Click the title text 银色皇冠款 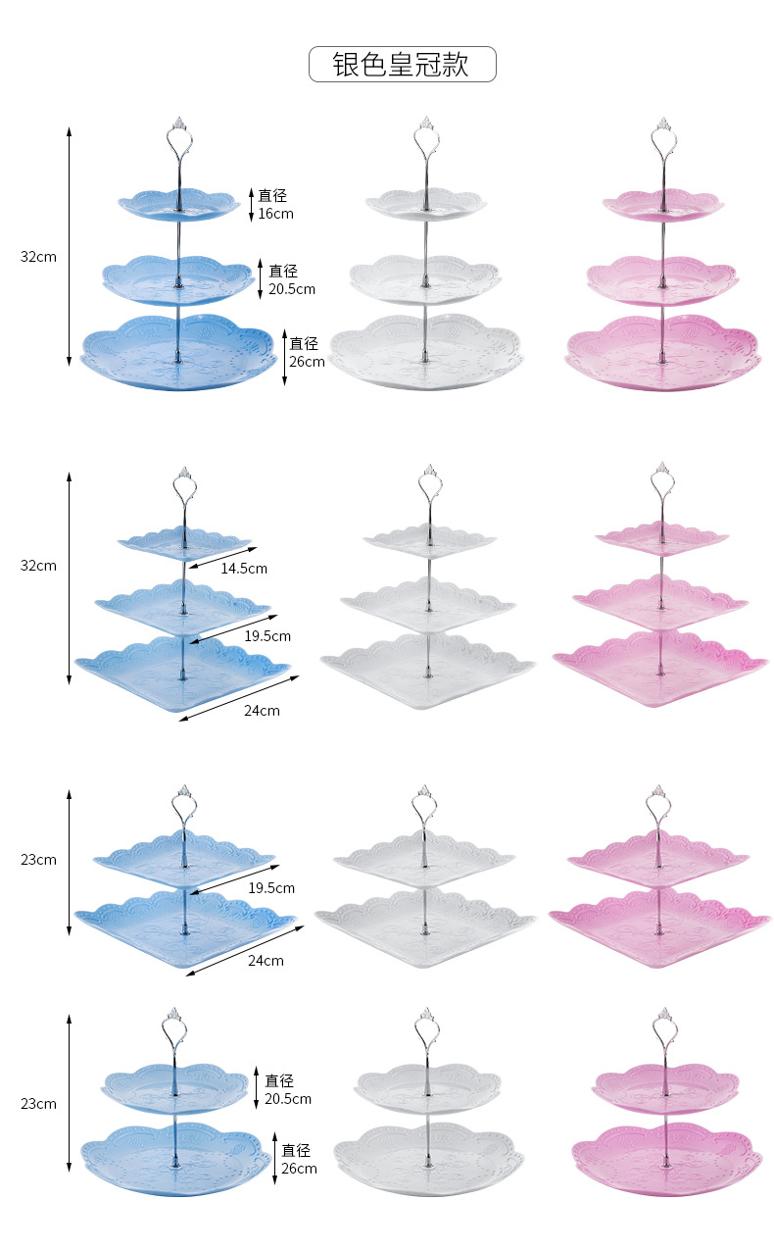(402, 65)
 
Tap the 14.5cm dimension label (244, 568)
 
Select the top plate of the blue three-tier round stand (179, 204)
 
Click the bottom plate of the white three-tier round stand (426, 353)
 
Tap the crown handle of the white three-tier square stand (428, 483)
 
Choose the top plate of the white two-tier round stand (426, 1085)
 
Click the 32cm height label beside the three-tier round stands (39, 257)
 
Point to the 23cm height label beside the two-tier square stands (39, 860)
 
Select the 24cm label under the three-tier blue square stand (263, 711)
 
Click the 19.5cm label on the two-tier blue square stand (271, 888)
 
